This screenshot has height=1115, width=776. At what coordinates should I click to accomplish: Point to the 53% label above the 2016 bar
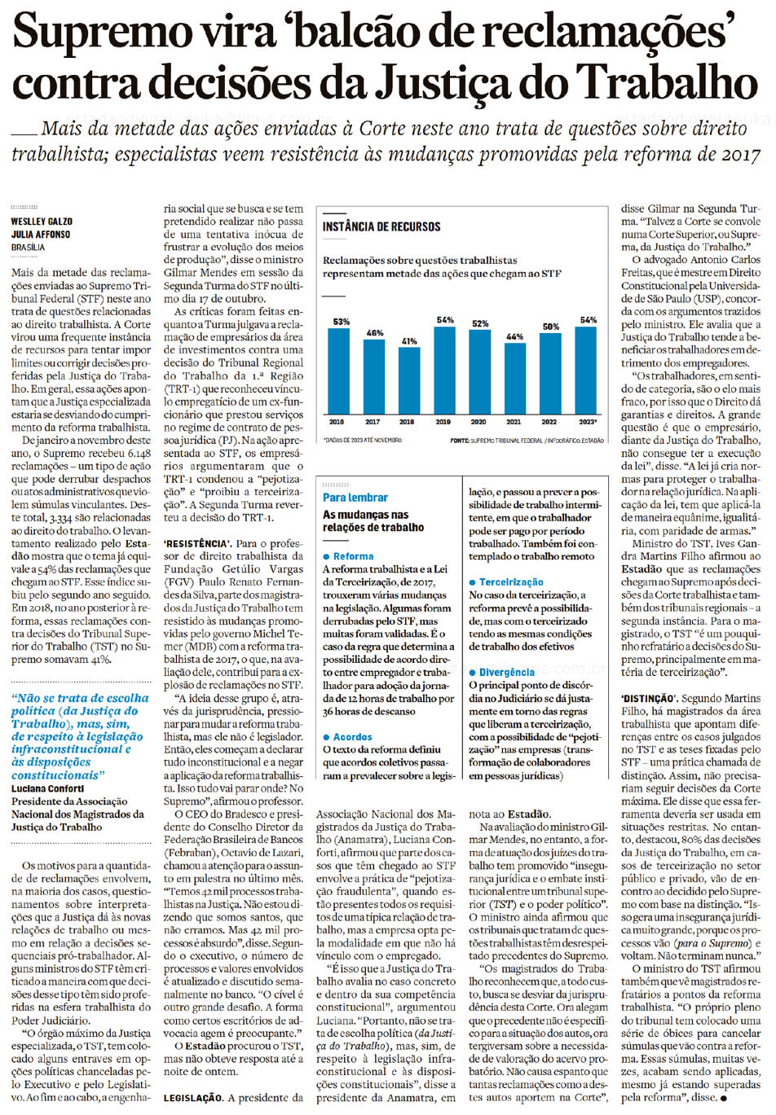[340, 323]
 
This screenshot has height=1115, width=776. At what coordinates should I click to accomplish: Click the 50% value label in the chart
[551, 327]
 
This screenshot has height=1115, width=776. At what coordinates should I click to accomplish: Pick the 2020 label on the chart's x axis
[478, 422]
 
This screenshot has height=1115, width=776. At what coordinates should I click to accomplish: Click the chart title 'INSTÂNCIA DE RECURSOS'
[381, 227]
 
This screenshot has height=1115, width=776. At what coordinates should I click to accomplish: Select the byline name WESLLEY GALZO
[42, 222]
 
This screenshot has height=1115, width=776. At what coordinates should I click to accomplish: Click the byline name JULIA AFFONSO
[41, 235]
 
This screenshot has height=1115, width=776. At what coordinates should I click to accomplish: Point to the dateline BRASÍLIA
[29, 247]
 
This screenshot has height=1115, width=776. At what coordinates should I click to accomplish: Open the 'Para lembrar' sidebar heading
[355, 497]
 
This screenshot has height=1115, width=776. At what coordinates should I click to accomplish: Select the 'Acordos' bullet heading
[352, 736]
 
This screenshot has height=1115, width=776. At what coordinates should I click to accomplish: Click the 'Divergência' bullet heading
[506, 672]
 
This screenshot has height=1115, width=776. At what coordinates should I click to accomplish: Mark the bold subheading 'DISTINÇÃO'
[647, 699]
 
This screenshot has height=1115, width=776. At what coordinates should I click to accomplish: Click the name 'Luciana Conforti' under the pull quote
[49, 788]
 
